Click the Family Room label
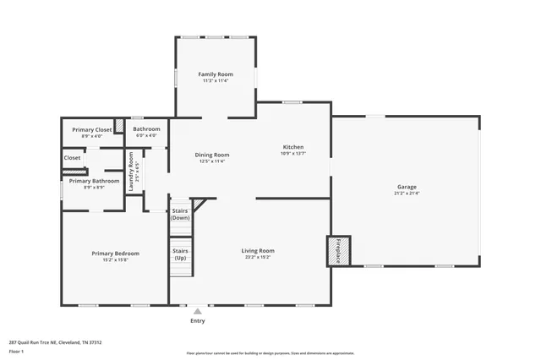pos(216,74)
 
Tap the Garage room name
pos(407,187)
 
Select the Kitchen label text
pos(292,147)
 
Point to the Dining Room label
pos(212,155)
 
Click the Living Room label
pos(258,250)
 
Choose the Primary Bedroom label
pos(115,254)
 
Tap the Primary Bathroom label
pos(94,181)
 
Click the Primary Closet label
pos(92,129)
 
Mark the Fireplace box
pos(338,251)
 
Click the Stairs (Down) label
pos(180,214)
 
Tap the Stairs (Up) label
pos(180,254)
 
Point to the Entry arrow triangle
pos(198,312)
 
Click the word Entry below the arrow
pos(198,321)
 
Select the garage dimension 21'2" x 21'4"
pos(407,194)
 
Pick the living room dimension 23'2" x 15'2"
pos(258,257)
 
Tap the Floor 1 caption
pos(16,351)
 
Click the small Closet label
pos(73,157)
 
